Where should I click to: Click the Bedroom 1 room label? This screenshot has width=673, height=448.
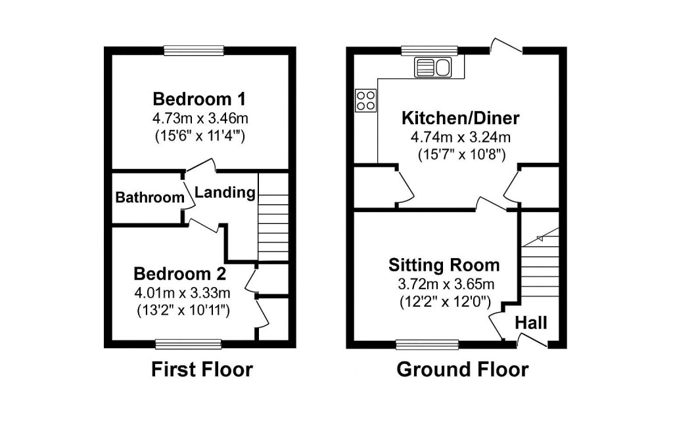click(x=199, y=100)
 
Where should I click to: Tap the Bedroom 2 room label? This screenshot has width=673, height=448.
click(x=180, y=273)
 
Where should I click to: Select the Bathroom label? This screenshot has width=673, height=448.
click(x=150, y=198)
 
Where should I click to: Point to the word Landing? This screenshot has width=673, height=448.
click(x=225, y=192)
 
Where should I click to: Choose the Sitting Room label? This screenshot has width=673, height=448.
click(x=444, y=265)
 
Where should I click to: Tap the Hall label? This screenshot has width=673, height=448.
click(x=531, y=323)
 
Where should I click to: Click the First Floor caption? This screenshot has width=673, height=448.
click(x=202, y=370)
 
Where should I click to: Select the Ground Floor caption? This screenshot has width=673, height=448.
click(x=462, y=370)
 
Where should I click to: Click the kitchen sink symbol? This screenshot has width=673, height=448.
click(x=431, y=67)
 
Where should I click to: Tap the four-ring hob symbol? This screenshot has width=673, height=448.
click(x=366, y=100)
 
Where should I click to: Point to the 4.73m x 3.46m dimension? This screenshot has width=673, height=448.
click(x=199, y=119)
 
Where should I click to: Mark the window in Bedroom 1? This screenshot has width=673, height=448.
click(x=194, y=50)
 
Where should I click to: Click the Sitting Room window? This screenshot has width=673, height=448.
click(x=428, y=344)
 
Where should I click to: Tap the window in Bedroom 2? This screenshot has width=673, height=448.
click(x=189, y=344)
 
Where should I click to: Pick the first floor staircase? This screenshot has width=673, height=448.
click(x=273, y=217)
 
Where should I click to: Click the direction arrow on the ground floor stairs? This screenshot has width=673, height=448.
click(x=541, y=237)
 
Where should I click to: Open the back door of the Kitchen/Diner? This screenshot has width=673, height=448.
click(x=506, y=47)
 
